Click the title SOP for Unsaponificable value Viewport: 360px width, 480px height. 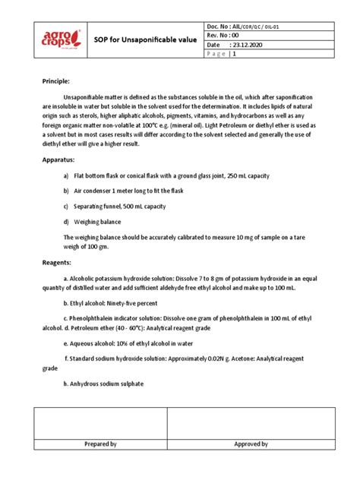(144, 39)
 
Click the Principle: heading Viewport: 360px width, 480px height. (55, 81)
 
